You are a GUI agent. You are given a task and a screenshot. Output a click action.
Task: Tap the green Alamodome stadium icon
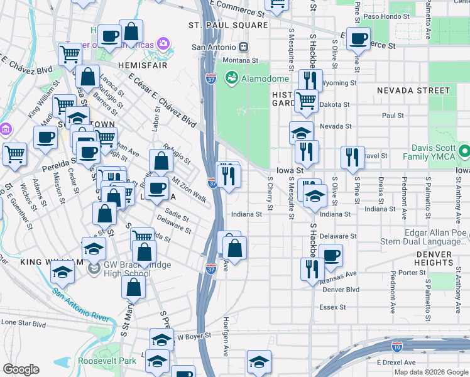click(231, 79)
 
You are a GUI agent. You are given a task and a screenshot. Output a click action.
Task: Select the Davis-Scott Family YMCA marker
click(464, 151)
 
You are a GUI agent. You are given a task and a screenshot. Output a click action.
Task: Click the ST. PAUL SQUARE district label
click(228, 25)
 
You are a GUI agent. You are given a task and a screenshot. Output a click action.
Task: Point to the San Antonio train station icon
click(243, 47)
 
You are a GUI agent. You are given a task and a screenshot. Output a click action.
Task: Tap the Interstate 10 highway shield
click(396, 346)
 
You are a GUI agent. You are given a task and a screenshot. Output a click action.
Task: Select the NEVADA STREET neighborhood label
click(413, 90)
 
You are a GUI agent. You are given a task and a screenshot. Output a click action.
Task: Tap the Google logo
click(21, 369)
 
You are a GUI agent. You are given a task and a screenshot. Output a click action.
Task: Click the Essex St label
click(332, 307)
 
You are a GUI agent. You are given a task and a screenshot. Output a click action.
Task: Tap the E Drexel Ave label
click(396, 363)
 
